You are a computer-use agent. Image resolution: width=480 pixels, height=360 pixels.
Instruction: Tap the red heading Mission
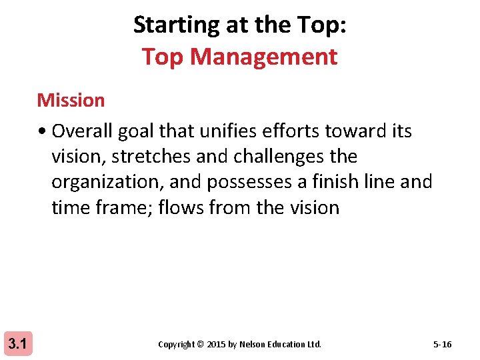pos(71,100)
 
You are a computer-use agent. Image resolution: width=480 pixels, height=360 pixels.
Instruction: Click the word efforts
pos(289,131)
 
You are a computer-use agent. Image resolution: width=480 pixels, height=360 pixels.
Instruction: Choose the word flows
pos(184,207)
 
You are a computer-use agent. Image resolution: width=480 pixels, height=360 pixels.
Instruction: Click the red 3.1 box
pos(17,344)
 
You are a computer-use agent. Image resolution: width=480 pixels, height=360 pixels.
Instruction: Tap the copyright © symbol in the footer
pos(200,345)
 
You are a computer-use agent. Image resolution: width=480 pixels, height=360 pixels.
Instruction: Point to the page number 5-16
pos(442,345)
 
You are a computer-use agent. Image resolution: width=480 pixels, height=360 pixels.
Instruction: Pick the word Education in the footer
pos(287,345)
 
